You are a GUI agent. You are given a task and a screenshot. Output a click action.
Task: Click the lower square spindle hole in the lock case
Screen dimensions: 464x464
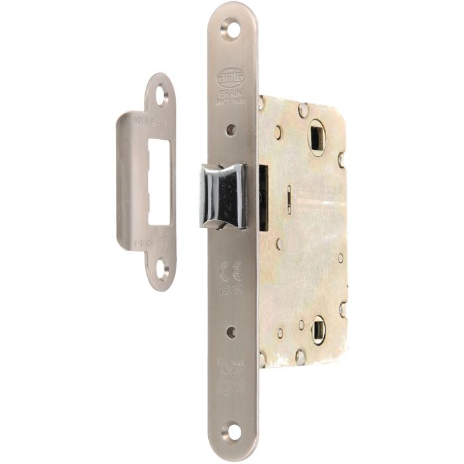(318, 329)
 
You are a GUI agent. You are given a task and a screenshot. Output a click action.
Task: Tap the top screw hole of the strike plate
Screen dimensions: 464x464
(162, 95)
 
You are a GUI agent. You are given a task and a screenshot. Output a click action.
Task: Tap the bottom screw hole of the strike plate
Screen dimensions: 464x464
(162, 269)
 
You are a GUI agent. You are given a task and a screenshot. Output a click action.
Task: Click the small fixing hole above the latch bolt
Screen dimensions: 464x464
(230, 130)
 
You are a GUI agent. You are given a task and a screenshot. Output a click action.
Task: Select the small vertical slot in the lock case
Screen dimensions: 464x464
(290, 200)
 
